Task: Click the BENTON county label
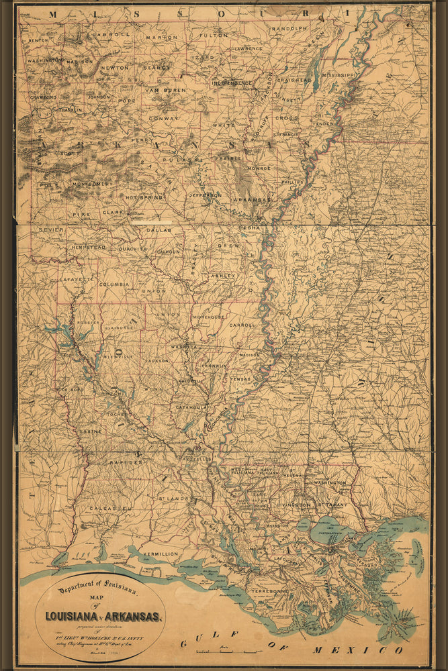37,40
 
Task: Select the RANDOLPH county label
289,29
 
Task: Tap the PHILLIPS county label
294,181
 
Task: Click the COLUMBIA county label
114,285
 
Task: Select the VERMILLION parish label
160,554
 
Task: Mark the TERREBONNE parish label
269,590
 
